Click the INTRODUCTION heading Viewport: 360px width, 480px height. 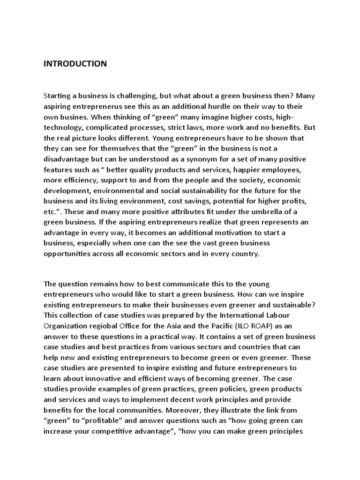75,64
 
